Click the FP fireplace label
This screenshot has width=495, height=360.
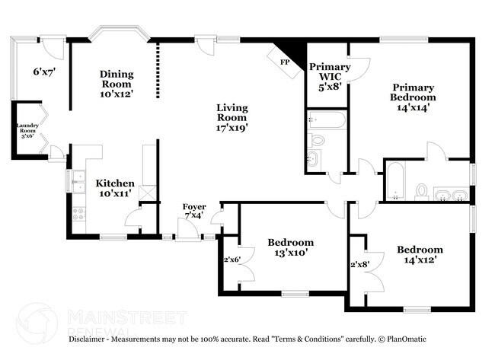coord(285,62)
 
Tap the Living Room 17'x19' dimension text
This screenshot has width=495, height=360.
coord(232,128)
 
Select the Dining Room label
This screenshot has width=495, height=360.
coord(117,79)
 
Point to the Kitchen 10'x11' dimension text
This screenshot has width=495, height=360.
coord(115,193)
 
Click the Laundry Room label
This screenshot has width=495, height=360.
coord(27,128)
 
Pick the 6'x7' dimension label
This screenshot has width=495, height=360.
coord(44,72)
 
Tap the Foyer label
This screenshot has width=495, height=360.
coord(194,207)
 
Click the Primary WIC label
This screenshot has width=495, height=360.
coord(330,72)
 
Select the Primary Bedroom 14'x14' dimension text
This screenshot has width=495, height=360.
coord(413,107)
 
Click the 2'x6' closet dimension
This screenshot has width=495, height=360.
coord(232,260)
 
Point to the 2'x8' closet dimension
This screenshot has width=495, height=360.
coord(360,264)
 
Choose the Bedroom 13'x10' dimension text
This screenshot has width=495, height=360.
coord(291,253)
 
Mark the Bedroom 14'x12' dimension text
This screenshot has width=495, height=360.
coord(420,260)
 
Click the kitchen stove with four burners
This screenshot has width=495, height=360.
coord(78,214)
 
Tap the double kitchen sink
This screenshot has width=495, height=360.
coord(78,182)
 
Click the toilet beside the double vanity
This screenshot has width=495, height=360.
coord(421,192)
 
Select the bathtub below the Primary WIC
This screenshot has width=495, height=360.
coord(327,119)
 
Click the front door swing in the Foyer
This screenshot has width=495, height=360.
coord(187,229)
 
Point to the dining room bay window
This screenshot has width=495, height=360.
coord(119,32)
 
